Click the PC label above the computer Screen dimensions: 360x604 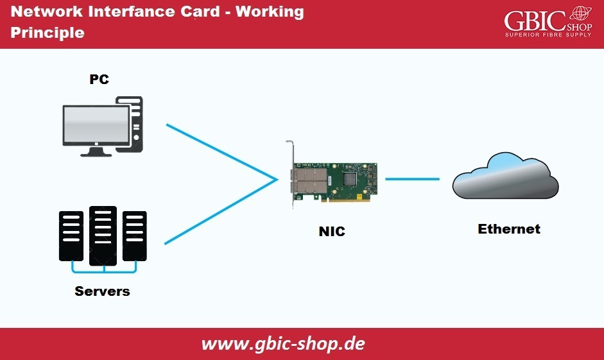99,80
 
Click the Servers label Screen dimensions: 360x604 102,291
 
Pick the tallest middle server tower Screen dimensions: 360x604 103,234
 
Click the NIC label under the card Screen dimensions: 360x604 332,232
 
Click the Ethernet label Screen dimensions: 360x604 509,229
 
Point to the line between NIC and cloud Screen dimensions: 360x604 411,179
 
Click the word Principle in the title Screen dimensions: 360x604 47,33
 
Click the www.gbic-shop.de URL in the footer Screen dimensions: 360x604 283,343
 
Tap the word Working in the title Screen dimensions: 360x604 270,12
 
